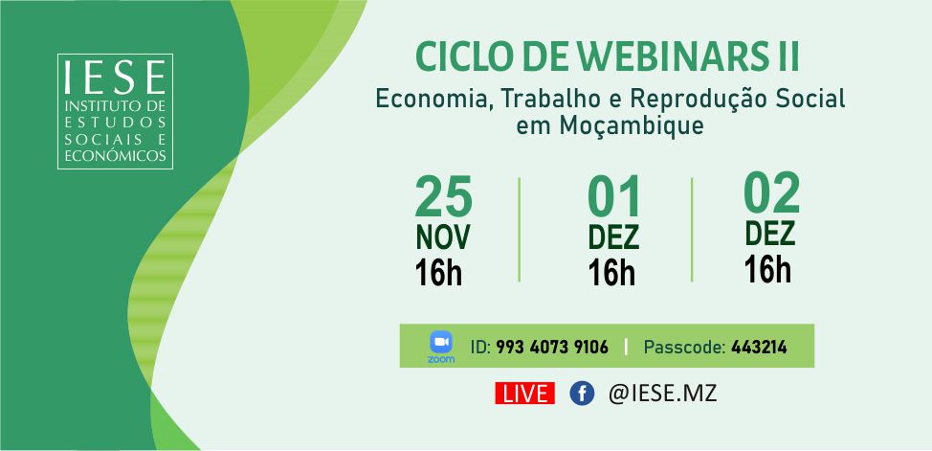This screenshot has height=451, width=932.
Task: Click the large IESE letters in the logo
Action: (116, 77)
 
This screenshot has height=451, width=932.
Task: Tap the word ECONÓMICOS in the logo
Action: (116, 155)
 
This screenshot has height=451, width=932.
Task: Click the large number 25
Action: (443, 197)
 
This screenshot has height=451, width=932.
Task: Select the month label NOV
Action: (443, 237)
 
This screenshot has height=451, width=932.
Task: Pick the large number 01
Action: (614, 197)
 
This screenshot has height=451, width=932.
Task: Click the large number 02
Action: (771, 193)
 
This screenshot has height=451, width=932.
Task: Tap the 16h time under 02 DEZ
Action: (767, 269)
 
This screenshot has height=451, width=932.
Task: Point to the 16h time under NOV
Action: (438, 273)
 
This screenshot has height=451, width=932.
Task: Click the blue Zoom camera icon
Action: (441, 343)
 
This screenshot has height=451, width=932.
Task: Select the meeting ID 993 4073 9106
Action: (551, 347)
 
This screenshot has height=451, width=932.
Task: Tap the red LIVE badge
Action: (524, 394)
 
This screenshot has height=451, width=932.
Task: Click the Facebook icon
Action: (582, 394)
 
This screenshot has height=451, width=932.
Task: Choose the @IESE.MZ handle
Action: (663, 394)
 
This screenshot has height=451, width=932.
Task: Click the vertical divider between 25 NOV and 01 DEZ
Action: (519, 230)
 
